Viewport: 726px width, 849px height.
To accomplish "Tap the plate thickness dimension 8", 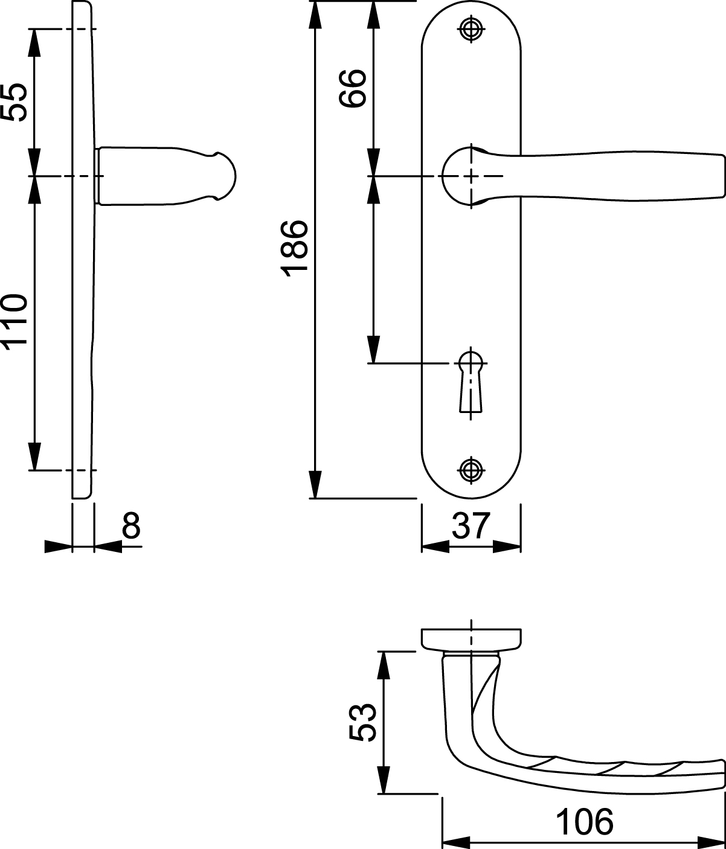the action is click(x=131, y=525).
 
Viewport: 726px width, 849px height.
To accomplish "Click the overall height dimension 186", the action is click(x=294, y=249).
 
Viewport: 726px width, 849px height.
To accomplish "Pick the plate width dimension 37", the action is click(x=471, y=526).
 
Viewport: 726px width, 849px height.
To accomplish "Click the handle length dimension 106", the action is click(x=584, y=821).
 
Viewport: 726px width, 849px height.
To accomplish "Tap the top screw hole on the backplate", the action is click(x=471, y=29).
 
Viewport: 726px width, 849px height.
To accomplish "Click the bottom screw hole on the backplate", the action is click(x=471, y=470).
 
